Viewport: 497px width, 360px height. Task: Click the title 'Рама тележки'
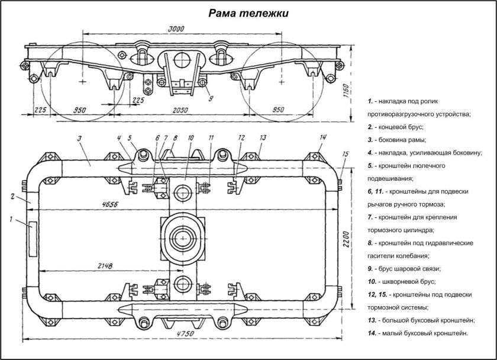click(248, 13)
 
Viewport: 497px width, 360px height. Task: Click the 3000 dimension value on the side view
click(176, 28)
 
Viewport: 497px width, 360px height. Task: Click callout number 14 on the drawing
click(322, 138)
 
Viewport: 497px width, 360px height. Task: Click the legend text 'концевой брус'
click(402, 127)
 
